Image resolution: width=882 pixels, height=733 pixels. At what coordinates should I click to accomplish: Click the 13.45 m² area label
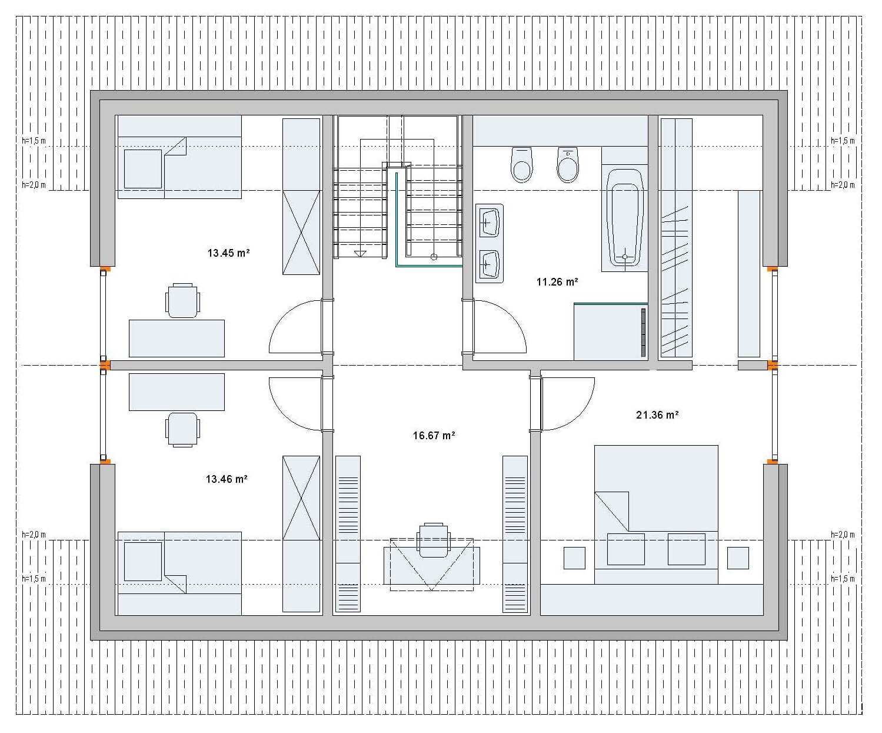click(228, 253)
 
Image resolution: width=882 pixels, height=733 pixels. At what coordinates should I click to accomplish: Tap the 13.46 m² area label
click(227, 479)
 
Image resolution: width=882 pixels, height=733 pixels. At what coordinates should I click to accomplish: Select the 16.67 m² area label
click(434, 436)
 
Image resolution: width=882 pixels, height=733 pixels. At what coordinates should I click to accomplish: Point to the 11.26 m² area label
click(557, 282)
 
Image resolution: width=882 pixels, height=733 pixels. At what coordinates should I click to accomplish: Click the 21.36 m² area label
click(657, 415)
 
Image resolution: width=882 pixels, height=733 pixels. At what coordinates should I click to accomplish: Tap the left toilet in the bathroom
click(522, 164)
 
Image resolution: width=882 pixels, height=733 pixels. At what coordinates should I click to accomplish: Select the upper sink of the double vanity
click(489, 222)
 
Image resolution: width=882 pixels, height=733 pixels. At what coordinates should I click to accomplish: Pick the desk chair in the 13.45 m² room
click(182, 300)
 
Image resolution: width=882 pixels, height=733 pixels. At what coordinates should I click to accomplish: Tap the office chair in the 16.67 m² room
click(433, 539)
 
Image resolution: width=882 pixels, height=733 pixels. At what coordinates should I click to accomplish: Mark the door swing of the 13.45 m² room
click(294, 327)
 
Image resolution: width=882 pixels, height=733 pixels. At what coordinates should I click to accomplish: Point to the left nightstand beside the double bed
click(574, 558)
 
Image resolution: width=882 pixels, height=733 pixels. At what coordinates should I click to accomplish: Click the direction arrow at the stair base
click(360, 253)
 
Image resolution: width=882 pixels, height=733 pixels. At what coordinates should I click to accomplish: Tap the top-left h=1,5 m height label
click(34, 141)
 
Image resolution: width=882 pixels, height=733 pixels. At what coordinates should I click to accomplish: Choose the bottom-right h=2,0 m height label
click(843, 535)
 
